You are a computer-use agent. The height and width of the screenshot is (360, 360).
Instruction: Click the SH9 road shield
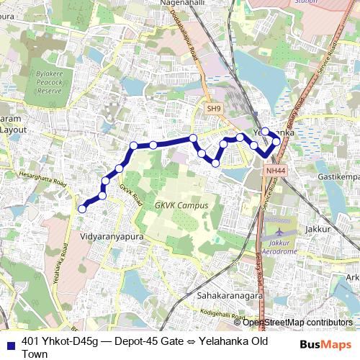pyautogui.click(x=213, y=108)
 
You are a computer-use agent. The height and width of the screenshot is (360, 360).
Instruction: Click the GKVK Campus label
pyautogui.click(x=181, y=205)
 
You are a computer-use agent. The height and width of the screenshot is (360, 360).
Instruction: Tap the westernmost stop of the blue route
pyautogui.click(x=82, y=209)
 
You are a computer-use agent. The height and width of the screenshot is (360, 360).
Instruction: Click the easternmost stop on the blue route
pyautogui.click(x=276, y=141)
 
